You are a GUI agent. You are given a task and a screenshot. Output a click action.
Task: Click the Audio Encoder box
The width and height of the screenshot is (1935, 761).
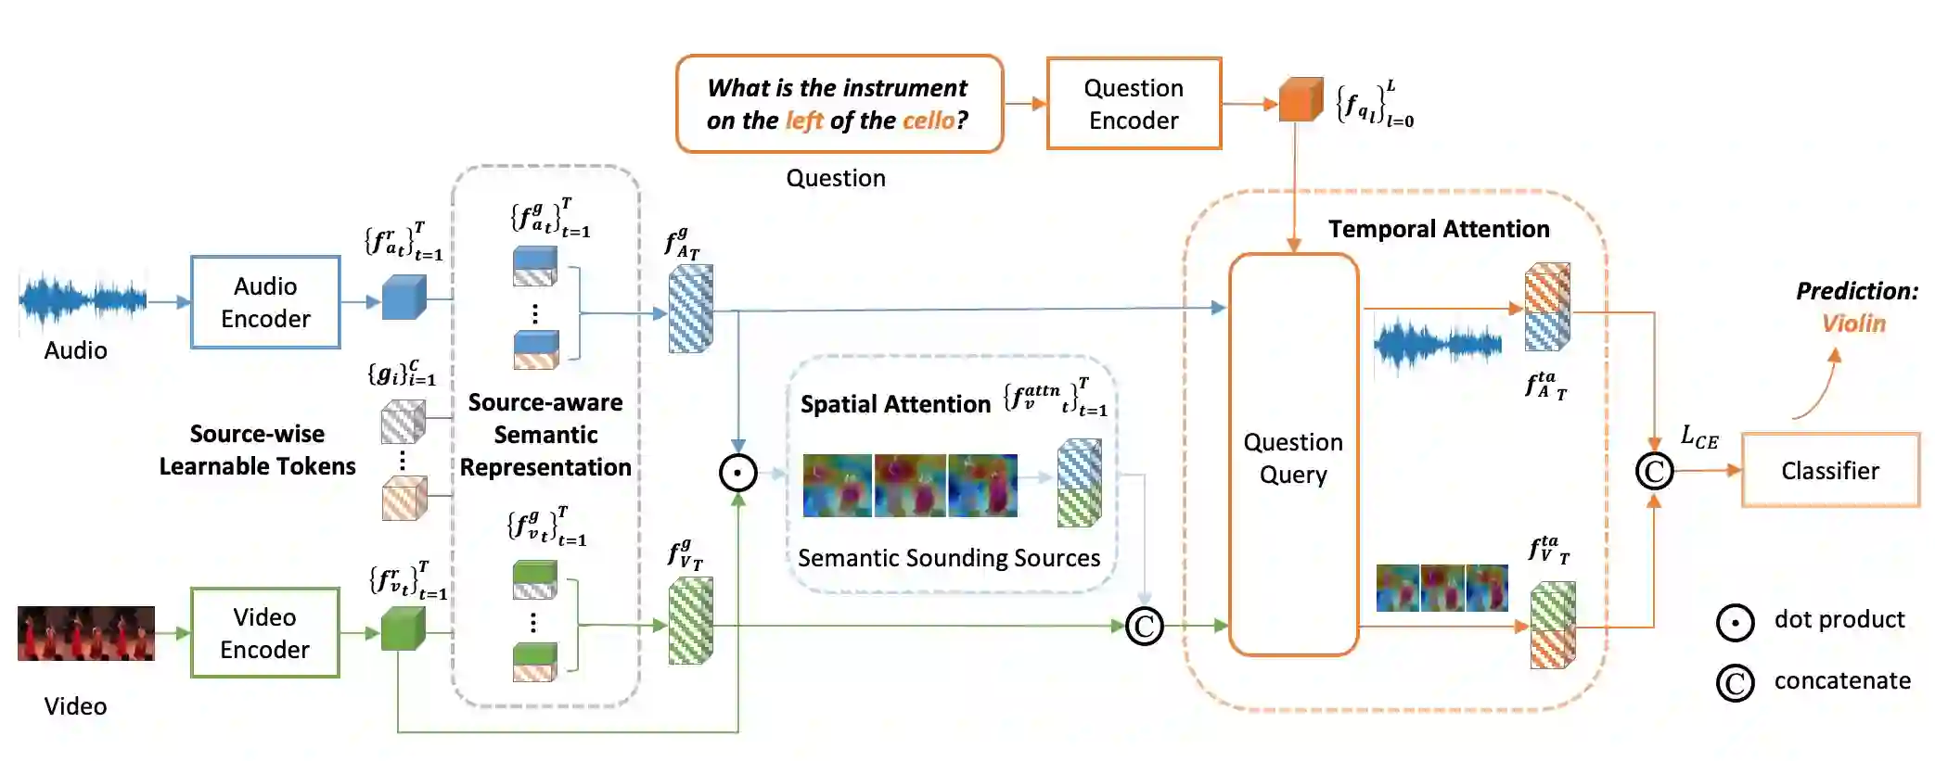tap(265, 302)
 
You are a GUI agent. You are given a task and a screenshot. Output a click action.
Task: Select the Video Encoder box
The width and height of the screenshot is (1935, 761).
tap(265, 633)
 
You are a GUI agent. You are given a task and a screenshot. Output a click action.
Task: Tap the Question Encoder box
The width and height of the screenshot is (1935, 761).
tap(1134, 104)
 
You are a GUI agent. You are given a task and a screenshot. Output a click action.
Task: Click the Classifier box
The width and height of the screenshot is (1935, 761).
tap(1829, 471)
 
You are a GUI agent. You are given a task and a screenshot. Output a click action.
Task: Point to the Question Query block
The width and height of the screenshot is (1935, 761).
tap(1293, 456)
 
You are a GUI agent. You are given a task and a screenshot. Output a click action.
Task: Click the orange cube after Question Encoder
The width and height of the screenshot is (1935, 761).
tap(1300, 100)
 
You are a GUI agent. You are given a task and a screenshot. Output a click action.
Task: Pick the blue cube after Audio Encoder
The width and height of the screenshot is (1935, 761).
tap(404, 298)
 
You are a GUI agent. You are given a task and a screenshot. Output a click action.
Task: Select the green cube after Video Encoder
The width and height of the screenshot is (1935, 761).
tap(403, 628)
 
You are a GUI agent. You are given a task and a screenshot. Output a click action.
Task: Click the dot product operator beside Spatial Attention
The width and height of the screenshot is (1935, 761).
tap(738, 473)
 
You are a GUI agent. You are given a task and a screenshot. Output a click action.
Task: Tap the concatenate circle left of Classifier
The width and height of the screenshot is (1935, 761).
tap(1654, 471)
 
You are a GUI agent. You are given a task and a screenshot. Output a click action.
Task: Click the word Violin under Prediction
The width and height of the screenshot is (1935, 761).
tap(1853, 323)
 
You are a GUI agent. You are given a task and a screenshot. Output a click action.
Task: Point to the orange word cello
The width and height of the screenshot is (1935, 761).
tap(928, 120)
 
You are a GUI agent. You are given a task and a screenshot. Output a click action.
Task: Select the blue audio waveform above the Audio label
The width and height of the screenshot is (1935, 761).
tap(83, 299)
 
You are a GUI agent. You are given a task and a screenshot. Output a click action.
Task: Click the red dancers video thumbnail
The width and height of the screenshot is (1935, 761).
tap(86, 633)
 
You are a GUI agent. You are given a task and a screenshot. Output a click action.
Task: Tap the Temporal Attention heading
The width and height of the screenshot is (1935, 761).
tap(1439, 229)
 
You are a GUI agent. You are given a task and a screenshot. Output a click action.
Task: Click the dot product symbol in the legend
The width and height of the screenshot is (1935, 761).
tap(1735, 622)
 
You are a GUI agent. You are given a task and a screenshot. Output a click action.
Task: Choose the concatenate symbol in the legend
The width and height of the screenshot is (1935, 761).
tap(1735, 683)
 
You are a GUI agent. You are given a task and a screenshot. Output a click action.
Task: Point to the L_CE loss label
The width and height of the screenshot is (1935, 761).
tap(1699, 437)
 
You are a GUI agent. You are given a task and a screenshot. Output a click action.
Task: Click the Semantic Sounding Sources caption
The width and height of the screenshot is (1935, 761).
tap(949, 558)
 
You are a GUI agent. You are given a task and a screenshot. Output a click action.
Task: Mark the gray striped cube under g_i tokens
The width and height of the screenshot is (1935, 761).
tap(404, 422)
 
